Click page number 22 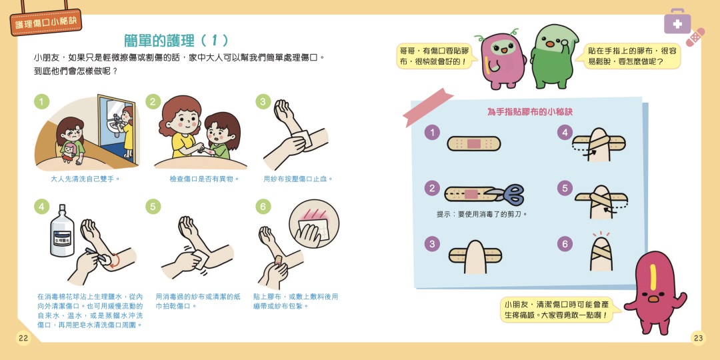(x=23, y=339)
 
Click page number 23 (x=698, y=339)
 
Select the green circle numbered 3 (x=263, y=101)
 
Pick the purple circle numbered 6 (x=565, y=243)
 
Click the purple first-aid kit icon (x=677, y=21)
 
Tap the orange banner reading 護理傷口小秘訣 (x=45, y=22)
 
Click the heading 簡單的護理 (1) (x=176, y=41)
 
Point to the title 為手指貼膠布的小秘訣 (x=529, y=111)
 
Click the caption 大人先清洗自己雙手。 (x=85, y=179)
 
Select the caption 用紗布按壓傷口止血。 (x=299, y=179)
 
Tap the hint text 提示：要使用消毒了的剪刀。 (x=482, y=214)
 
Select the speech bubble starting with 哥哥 (x=435, y=56)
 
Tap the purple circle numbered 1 (x=432, y=133)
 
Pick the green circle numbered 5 (x=153, y=206)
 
